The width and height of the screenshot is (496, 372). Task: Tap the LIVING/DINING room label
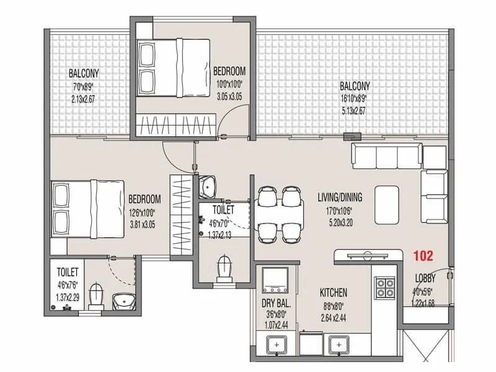pos(340,198)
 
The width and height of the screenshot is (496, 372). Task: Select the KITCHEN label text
pos(333,293)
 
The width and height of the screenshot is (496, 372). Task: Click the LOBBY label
pos(424,278)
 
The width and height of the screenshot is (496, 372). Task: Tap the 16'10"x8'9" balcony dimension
pos(355,98)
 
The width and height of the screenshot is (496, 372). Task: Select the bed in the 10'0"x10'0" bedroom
pos(167,68)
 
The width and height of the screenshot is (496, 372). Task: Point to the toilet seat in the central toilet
pos(224,269)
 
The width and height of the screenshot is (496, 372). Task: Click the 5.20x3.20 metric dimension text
pos(340,221)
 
